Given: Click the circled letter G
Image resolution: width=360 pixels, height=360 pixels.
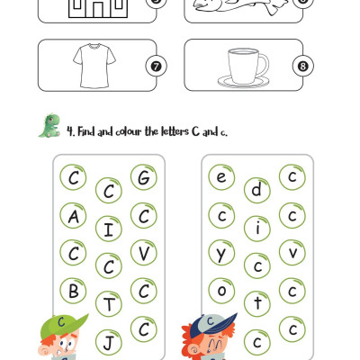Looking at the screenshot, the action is (144, 177).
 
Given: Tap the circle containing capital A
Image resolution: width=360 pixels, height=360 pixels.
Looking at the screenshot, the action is (73, 216).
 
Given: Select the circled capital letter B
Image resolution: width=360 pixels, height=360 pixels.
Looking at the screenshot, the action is (73, 291).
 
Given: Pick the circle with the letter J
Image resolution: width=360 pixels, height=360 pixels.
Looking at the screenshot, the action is (109, 342).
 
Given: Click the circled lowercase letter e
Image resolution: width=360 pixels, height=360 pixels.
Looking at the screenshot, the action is (221, 177).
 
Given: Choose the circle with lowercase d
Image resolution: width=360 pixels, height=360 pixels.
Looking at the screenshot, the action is (257, 190).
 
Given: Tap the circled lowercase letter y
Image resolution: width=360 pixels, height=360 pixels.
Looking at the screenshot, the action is (221, 253).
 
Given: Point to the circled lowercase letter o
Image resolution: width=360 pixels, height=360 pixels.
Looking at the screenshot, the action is (221, 291).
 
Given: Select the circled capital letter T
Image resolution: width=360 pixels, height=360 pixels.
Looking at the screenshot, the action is (109, 304).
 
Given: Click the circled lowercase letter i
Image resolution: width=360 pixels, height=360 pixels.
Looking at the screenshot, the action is (257, 229).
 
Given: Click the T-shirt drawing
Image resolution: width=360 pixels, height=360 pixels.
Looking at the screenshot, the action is (94, 66).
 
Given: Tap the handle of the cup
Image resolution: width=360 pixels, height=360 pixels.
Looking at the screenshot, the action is (265, 65).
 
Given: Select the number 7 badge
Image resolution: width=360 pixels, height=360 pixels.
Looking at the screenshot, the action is (156, 66).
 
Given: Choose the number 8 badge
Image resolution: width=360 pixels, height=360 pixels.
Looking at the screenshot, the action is (303, 66).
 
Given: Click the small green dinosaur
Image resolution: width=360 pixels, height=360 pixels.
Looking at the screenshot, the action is (49, 126).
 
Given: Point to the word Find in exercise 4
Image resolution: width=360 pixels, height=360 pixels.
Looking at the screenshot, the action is (86, 131).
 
